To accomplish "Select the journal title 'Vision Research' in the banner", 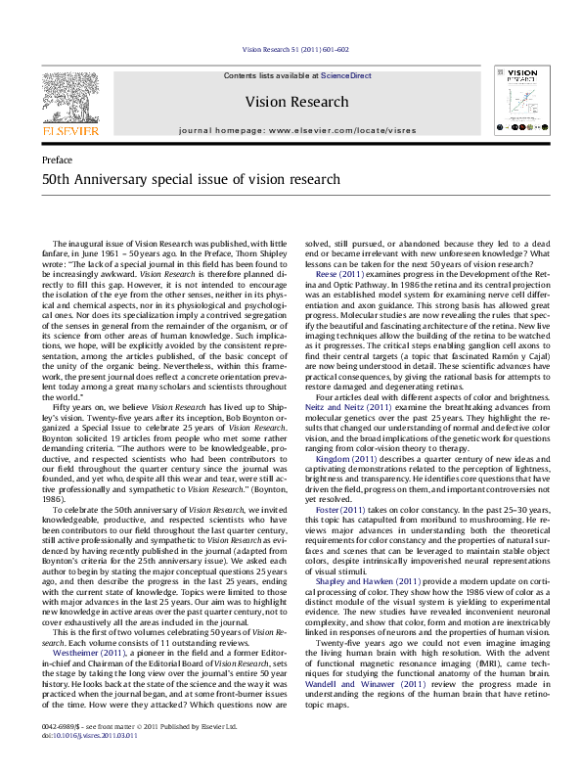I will click(296, 102).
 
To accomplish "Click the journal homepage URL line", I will click(296, 129).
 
